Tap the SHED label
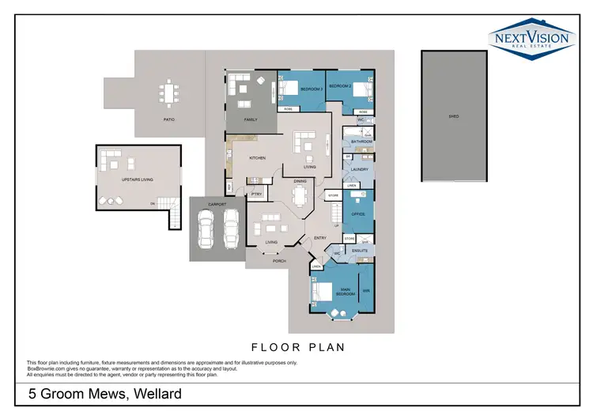click(x=454, y=116)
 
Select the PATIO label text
click(x=168, y=119)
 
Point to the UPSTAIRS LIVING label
click(x=137, y=180)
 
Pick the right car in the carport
click(x=231, y=228)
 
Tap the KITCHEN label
click(x=258, y=158)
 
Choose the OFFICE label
click(x=357, y=213)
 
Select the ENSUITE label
click(x=361, y=251)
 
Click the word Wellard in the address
click(x=156, y=394)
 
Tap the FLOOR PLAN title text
click(x=296, y=347)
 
